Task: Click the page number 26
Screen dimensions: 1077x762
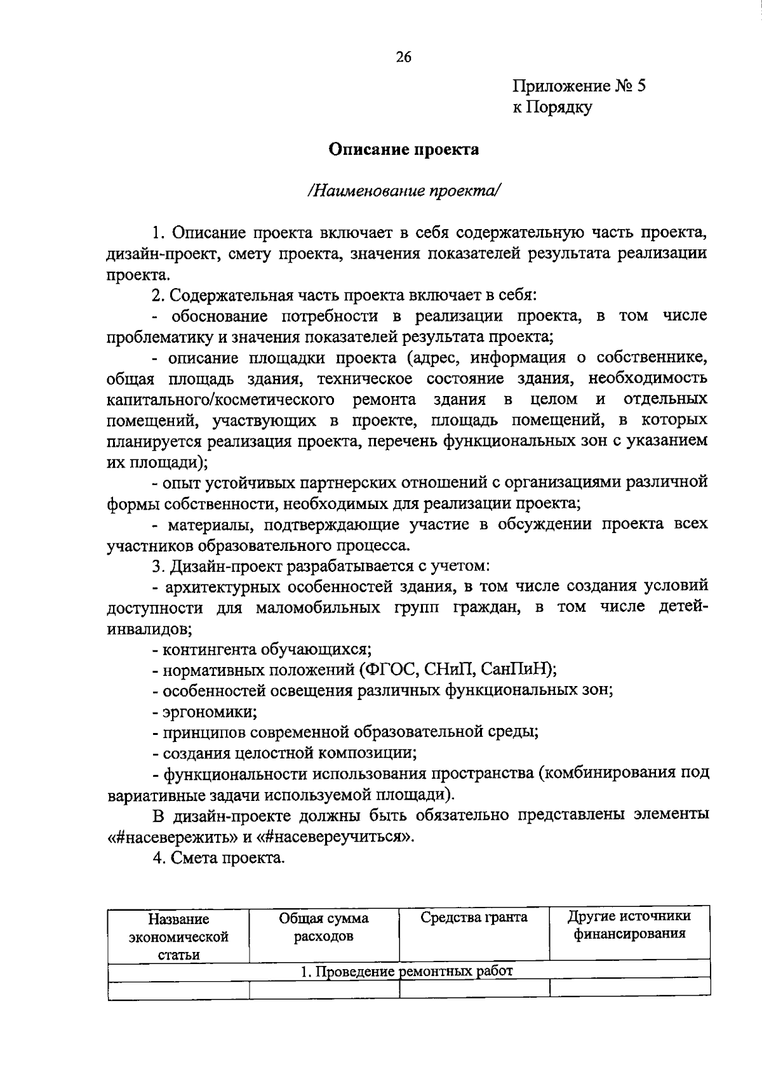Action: click(x=403, y=57)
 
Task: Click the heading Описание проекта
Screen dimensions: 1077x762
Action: click(x=403, y=150)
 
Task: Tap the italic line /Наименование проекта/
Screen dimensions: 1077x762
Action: click(x=403, y=190)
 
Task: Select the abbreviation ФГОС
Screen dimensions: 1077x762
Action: click(x=388, y=670)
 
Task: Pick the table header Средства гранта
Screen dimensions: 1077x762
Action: click(x=474, y=917)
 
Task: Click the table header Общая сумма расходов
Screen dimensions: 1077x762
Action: click(x=324, y=927)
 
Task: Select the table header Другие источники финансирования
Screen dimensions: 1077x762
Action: click(x=629, y=925)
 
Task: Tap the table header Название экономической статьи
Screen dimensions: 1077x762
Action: click(x=178, y=936)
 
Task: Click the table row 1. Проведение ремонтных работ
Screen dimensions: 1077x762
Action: click(x=406, y=971)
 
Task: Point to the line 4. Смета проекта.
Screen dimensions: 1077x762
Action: click(x=218, y=858)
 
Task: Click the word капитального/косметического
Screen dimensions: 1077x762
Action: click(x=221, y=400)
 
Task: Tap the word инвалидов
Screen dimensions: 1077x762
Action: click(x=149, y=629)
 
